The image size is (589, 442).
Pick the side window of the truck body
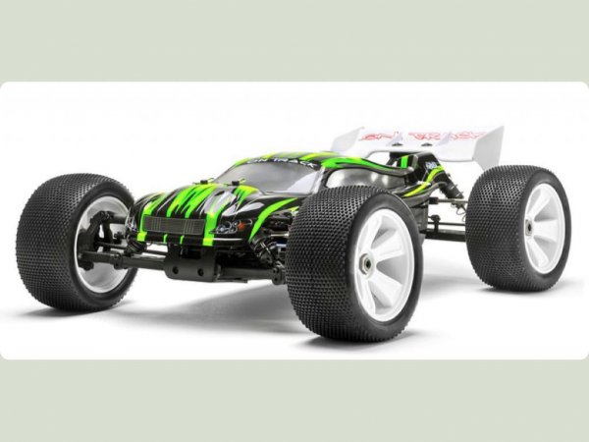[x=353, y=178]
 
